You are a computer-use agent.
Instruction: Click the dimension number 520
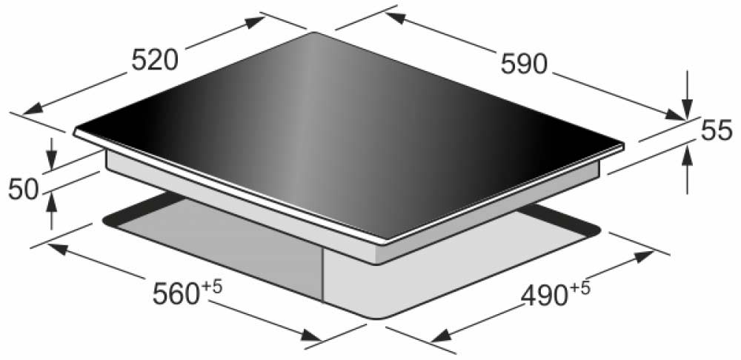coord(155,61)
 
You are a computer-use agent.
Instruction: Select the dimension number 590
coord(524,64)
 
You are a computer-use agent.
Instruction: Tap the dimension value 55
coord(717,131)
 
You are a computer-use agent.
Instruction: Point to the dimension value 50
coord(23,190)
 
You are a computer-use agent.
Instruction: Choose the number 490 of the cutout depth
coord(543,296)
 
